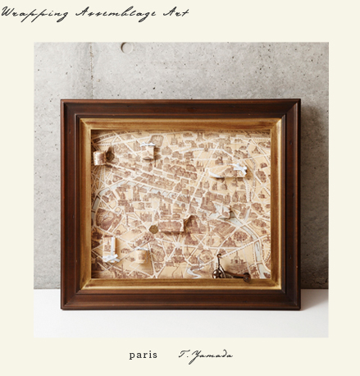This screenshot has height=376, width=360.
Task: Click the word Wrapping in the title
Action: point(35,13)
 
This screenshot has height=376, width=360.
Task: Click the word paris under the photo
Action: point(143,355)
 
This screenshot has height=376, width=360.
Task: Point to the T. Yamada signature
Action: point(206,355)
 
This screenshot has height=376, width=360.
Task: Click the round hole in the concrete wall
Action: point(125,48)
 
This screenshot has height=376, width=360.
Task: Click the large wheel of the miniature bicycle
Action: point(219,271)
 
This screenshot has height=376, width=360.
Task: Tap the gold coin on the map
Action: point(153,228)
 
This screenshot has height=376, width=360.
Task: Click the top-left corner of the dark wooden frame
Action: point(62,102)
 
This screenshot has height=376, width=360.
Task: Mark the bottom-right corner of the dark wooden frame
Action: point(298,307)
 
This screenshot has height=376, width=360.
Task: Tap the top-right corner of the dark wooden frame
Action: point(298,101)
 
